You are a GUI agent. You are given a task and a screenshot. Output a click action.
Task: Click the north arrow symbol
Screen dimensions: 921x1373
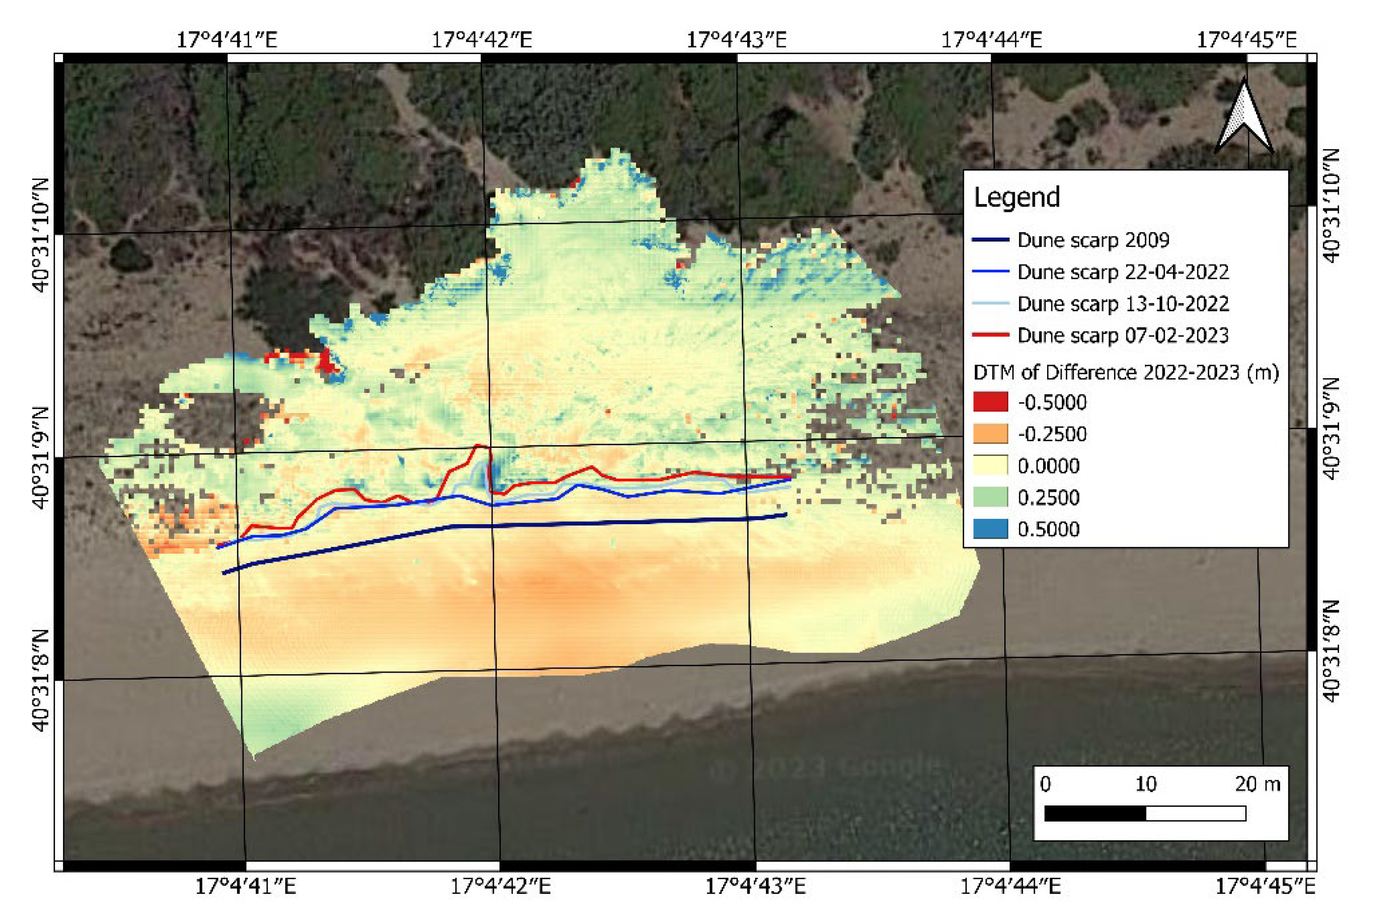(1244, 118)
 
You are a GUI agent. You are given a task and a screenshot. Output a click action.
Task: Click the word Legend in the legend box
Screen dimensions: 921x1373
(1017, 197)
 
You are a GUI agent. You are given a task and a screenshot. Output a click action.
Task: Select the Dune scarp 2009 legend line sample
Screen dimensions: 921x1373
(990, 239)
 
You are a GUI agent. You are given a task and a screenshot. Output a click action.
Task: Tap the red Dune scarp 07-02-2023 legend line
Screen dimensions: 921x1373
(990, 335)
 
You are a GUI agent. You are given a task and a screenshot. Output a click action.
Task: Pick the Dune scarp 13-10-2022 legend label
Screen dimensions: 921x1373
(1122, 304)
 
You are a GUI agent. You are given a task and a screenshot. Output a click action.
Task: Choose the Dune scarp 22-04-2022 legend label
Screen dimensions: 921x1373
(1122, 272)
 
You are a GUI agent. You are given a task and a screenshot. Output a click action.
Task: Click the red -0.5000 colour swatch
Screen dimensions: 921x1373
(990, 402)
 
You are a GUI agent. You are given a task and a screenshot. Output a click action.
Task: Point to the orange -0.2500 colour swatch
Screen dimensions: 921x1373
(990, 434)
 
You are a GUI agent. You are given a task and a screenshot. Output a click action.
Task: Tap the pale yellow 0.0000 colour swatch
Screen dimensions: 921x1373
(990, 466)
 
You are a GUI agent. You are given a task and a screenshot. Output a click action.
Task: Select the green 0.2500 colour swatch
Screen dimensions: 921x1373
(990, 498)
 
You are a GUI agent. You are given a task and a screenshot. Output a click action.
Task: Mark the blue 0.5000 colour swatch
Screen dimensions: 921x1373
(990, 529)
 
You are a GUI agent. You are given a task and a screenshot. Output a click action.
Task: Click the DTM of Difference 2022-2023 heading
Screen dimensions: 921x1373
(1126, 372)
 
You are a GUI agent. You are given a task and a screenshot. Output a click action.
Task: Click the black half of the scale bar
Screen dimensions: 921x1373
(1095, 813)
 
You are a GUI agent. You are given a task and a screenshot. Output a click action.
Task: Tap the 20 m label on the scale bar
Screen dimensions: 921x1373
(1257, 784)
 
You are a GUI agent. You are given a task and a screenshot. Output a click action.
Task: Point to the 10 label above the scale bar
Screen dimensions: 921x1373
(1145, 784)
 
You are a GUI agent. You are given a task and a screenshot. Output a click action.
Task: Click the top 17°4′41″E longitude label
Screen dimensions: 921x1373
(227, 40)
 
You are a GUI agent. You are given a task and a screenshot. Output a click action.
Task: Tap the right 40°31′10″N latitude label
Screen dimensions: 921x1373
(1332, 206)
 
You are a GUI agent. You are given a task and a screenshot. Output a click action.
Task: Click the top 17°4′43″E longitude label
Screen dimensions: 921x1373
(736, 40)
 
